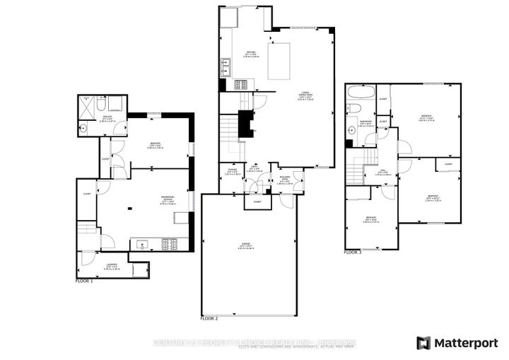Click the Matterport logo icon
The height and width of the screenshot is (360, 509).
point(424,343)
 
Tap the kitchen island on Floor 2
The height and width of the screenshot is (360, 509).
point(279,53)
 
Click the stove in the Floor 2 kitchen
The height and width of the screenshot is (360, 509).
point(240,84)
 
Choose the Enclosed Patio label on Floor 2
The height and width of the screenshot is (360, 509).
point(284,182)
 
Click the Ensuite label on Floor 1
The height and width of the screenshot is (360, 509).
point(106,120)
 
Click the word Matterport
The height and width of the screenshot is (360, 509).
point(465,343)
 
